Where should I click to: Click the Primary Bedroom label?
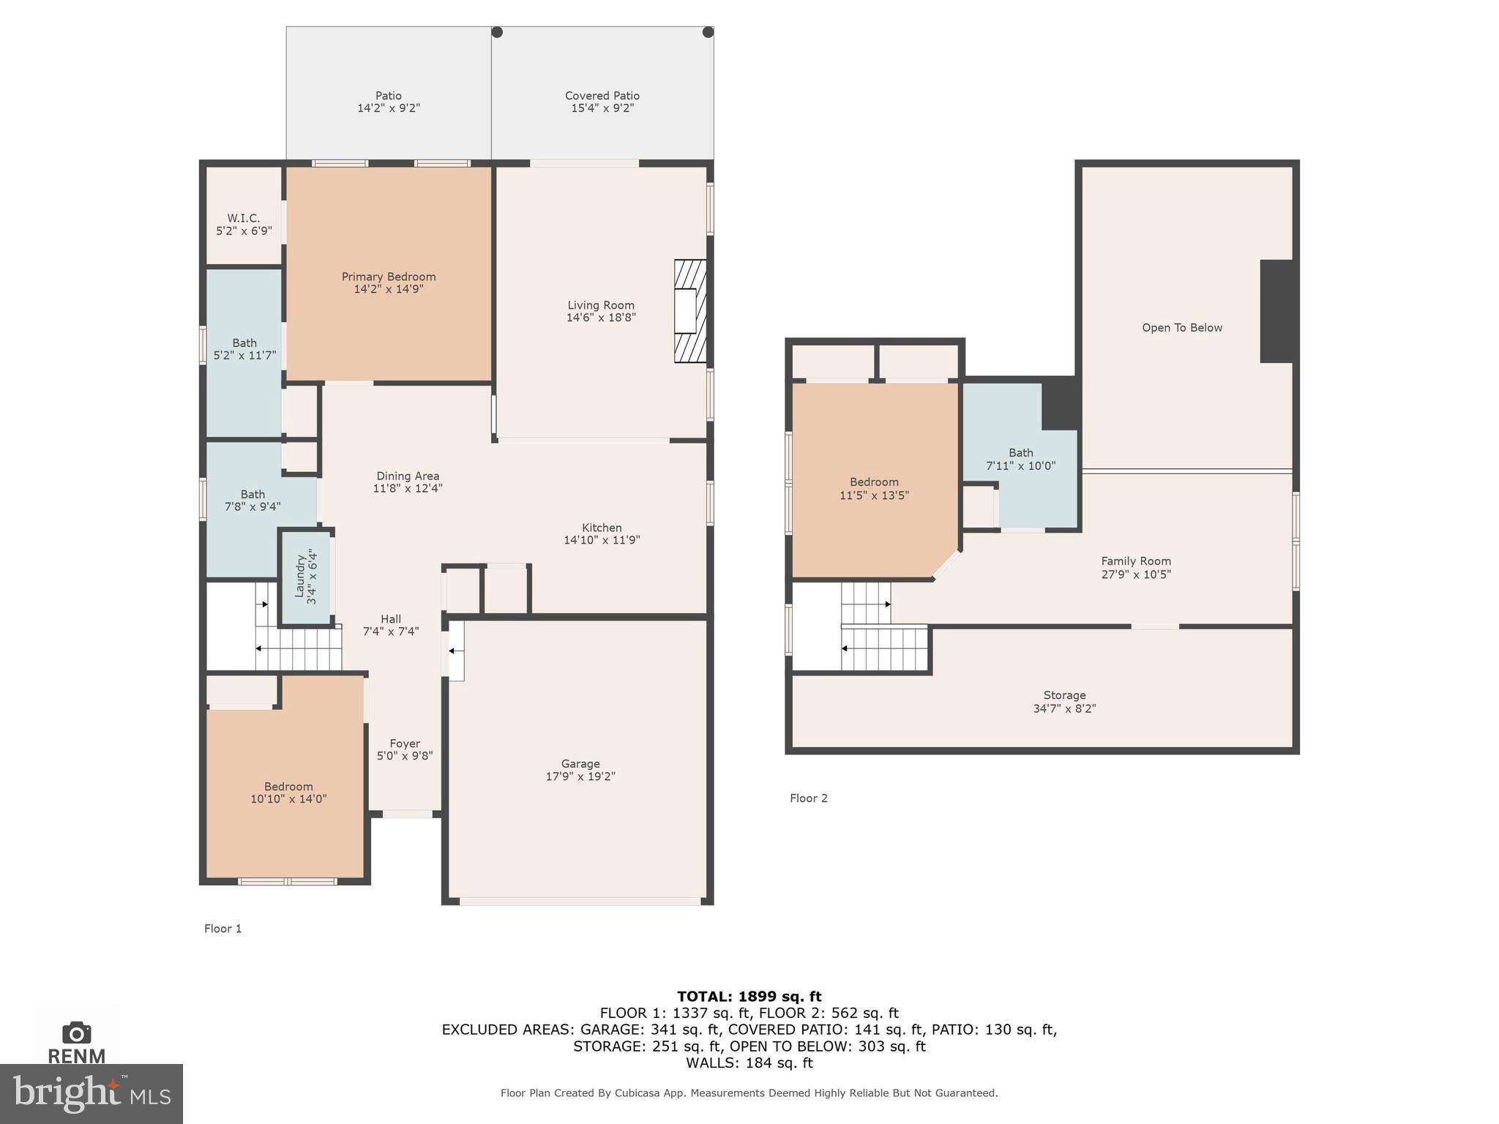tap(389, 277)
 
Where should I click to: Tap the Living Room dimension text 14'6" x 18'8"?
tap(601, 318)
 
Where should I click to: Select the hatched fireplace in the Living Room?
tap(689, 311)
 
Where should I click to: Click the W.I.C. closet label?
tap(243, 218)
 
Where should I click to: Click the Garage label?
tap(580, 763)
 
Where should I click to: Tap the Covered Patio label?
tap(602, 96)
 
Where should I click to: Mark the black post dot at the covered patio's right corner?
tap(708, 32)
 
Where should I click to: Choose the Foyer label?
tap(405, 743)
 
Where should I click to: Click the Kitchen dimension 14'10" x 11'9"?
tap(601, 540)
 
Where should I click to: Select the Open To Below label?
tap(1181, 328)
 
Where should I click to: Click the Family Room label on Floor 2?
tap(1135, 561)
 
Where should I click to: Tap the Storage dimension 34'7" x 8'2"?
tap(1064, 708)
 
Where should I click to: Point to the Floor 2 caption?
tap(808, 798)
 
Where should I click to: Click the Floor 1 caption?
tap(223, 929)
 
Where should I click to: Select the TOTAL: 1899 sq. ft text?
tap(749, 996)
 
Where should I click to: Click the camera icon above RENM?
tap(77, 1033)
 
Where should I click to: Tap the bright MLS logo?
tap(91, 1093)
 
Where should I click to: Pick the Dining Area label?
tap(408, 476)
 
